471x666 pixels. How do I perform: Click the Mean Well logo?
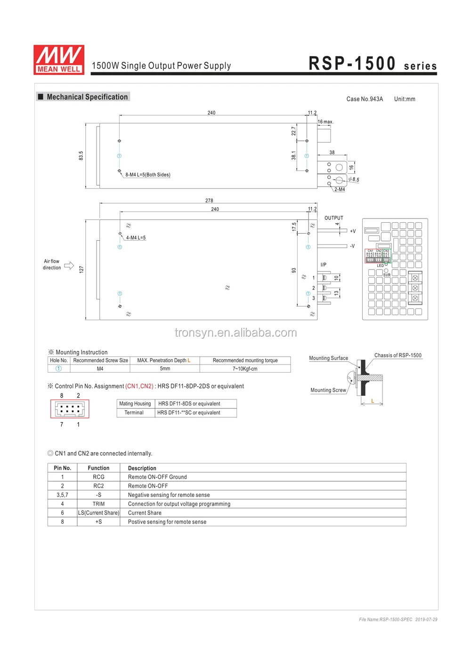(59, 60)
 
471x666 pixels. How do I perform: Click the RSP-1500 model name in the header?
(352, 64)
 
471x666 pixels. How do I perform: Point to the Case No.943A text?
(365, 99)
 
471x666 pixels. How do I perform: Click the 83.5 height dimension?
(81, 155)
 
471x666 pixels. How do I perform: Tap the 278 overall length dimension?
(209, 200)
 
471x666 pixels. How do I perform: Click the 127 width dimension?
(81, 269)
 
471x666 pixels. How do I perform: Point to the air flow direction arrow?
(69, 265)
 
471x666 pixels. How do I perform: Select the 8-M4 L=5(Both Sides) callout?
(147, 175)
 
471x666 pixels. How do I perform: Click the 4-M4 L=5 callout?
(136, 238)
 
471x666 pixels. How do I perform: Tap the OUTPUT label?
(333, 218)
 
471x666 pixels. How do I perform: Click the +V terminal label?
(353, 231)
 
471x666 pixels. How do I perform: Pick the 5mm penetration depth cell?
(165, 369)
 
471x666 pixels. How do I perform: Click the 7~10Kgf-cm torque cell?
(245, 369)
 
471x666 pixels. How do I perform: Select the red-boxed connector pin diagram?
(70, 409)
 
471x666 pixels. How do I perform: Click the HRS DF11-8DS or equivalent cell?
(189, 404)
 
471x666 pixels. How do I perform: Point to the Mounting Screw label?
(328, 390)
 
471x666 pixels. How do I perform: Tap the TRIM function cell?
(98, 504)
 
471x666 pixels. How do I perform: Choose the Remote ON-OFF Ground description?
(157, 477)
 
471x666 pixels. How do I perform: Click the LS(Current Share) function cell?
(98, 513)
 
